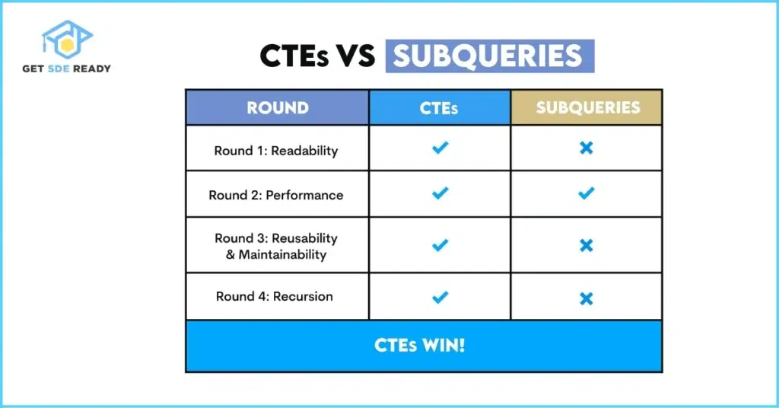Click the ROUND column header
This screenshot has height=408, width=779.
pyautogui.click(x=278, y=108)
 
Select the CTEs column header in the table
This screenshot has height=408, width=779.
pyautogui.click(x=439, y=108)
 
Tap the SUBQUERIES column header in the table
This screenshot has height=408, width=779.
pyautogui.click(x=588, y=107)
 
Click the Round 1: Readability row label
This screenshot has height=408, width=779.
pyautogui.click(x=276, y=151)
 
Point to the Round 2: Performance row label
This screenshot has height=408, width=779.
pyautogui.click(x=276, y=195)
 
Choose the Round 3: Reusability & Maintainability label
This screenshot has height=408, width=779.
pyautogui.click(x=276, y=247)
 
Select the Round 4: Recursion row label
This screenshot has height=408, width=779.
pyautogui.click(x=275, y=296)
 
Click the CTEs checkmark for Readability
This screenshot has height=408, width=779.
pyautogui.click(x=440, y=148)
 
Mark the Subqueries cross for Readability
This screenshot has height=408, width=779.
pyautogui.click(x=587, y=148)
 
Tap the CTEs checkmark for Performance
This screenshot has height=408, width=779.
pyautogui.click(x=440, y=193)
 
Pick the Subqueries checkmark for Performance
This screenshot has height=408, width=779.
pyautogui.click(x=587, y=193)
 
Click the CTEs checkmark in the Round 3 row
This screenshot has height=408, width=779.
pyautogui.click(x=440, y=245)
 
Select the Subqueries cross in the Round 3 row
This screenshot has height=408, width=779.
pyautogui.click(x=587, y=246)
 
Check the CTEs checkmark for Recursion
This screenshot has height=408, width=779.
pyautogui.click(x=440, y=297)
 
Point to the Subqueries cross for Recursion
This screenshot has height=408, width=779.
pyautogui.click(x=587, y=298)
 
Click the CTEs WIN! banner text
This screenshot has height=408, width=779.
pyautogui.click(x=420, y=346)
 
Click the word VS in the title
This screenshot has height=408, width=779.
pyautogui.click(x=354, y=56)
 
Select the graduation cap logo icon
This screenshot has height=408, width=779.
pyautogui.click(x=67, y=40)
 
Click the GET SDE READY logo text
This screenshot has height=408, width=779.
pyautogui.click(x=67, y=69)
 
